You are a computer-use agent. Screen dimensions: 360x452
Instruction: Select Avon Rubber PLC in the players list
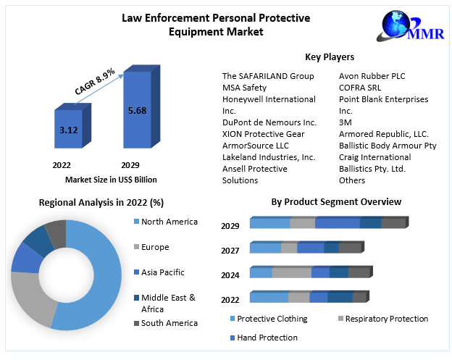click(373, 76)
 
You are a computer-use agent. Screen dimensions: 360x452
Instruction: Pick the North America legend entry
click(169, 222)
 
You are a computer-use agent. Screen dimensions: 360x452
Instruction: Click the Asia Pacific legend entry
click(162, 272)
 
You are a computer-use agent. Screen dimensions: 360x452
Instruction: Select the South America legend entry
click(169, 323)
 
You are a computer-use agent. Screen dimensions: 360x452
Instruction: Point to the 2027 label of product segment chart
click(230, 250)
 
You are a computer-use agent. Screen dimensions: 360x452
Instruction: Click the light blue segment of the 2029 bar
click(269, 223)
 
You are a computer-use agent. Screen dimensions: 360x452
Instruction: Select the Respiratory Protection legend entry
click(386, 319)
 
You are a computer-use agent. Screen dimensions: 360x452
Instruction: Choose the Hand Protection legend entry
click(267, 338)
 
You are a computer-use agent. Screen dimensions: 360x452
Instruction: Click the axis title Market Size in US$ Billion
click(111, 180)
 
